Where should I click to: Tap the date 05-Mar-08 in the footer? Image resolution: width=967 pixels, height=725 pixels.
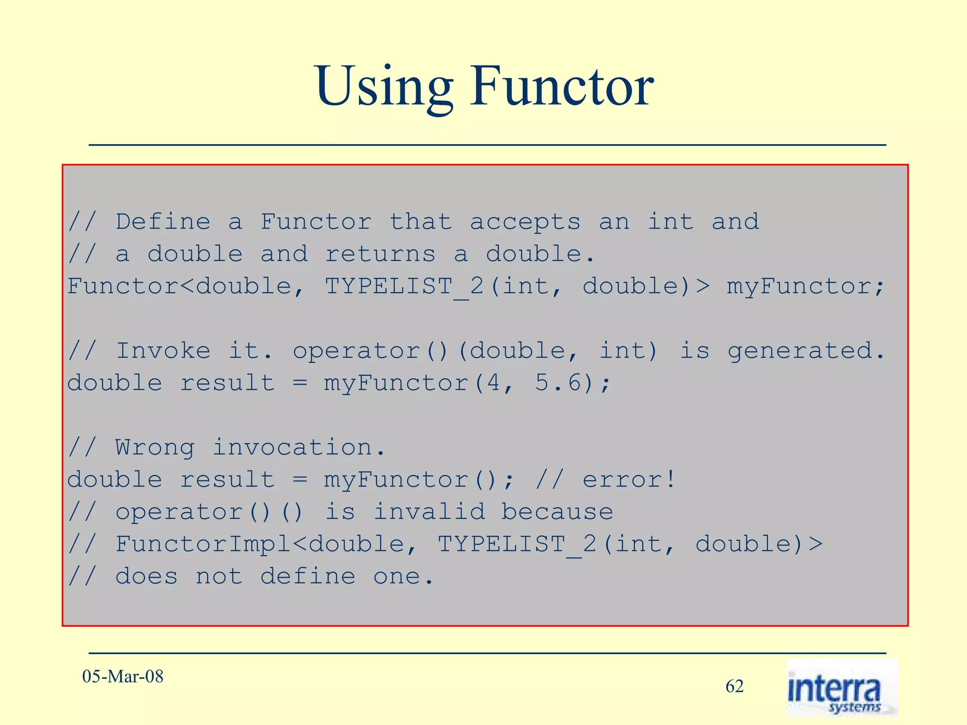coord(123,676)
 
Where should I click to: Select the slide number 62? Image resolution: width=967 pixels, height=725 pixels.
coord(734,686)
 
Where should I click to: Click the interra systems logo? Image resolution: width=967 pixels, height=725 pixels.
coord(841,689)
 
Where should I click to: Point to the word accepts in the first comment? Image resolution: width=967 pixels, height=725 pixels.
coord(525,222)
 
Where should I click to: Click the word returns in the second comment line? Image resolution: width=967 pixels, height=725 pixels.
coord(380,254)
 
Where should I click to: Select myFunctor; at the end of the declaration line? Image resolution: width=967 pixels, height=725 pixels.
coord(805,287)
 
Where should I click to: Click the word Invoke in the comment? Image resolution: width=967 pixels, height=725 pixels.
coord(163,351)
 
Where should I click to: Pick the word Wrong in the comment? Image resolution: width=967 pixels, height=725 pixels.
coord(155,447)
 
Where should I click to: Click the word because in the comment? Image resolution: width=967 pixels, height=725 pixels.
coord(557,512)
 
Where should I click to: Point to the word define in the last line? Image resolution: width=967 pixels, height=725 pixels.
coord(308,576)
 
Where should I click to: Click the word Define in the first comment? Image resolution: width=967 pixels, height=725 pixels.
coord(163,222)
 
